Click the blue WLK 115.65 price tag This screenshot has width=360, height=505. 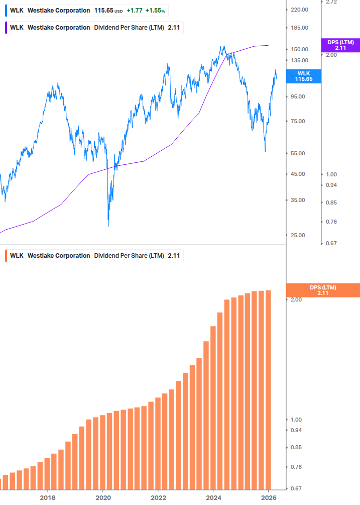pyautogui.click(x=303, y=76)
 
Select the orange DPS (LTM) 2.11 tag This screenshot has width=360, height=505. pyautogui.click(x=322, y=290)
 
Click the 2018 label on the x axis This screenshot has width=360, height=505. pyautogui.click(x=47, y=497)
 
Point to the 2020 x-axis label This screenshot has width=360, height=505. pyautogui.click(x=102, y=497)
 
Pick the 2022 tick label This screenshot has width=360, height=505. pyautogui.click(x=158, y=497)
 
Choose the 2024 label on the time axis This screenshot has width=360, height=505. pyautogui.click(x=213, y=497)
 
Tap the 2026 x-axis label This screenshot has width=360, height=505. pyautogui.click(x=269, y=497)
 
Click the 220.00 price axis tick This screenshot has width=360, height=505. pyautogui.click(x=299, y=10)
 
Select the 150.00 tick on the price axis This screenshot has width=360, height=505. pyautogui.click(x=299, y=49)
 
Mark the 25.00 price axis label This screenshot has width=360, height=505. pyautogui.click(x=298, y=235)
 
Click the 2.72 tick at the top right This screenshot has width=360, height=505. pyautogui.click(x=331, y=2)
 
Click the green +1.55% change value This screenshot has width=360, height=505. pyautogui.click(x=155, y=11)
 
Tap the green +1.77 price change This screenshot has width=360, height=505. pyautogui.click(x=134, y=11)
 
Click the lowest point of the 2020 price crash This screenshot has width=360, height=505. pyautogui.click(x=108, y=226)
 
